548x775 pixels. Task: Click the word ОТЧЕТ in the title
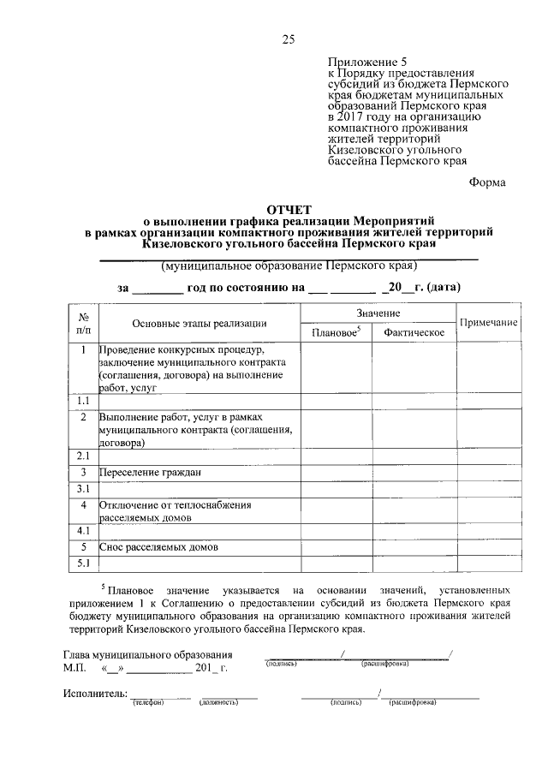289,209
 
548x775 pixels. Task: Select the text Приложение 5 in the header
363,63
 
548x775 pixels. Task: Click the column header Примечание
488,322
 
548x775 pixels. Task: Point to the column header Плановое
335,332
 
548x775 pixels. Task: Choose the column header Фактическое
414,332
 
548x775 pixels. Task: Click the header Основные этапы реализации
199,323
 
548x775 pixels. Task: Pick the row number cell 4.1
84,531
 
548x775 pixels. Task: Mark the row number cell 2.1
84,456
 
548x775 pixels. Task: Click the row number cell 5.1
84,563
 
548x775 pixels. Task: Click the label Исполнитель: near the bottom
95,693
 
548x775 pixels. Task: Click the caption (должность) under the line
217,703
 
